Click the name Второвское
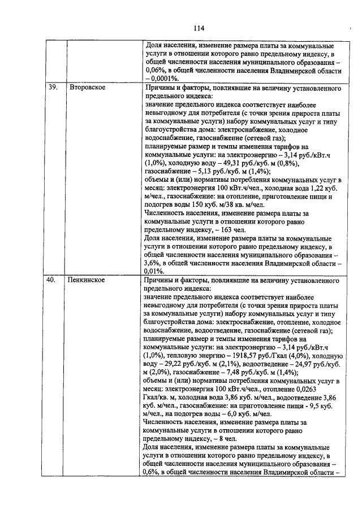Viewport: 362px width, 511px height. [88, 89]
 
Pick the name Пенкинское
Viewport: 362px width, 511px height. [88, 279]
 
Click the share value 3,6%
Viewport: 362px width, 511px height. [153, 263]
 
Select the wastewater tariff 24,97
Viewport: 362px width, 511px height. [295, 365]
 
